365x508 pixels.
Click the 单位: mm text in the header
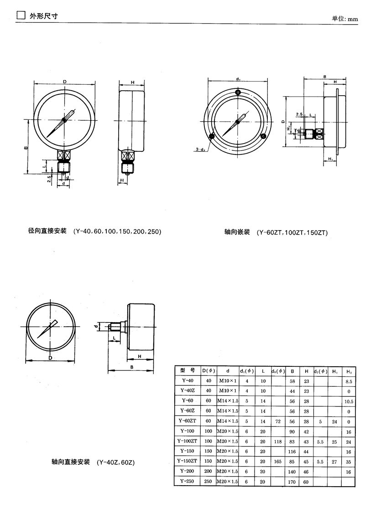coord(345,19)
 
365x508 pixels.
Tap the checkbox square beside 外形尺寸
coord(21,16)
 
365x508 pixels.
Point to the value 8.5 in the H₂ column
coord(349,381)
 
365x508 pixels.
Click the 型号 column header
coord(188,370)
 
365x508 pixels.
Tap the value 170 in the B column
coord(292,482)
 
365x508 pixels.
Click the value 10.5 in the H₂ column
coord(349,401)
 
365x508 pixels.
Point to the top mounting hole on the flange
coord(238,92)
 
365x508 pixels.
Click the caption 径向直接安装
coord(47,231)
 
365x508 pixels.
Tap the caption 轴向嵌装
coord(237,232)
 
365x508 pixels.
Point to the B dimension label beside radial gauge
coord(26,147)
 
